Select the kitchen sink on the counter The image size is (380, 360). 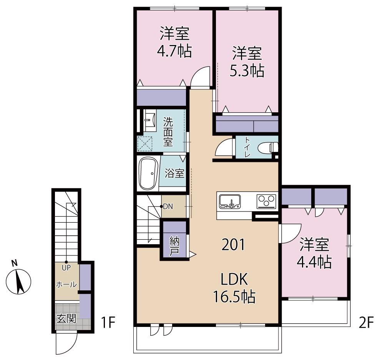click(x=230, y=201)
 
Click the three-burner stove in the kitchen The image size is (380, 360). click(x=266, y=202)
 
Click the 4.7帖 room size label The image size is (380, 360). click(x=174, y=51)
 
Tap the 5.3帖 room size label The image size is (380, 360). click(x=247, y=71)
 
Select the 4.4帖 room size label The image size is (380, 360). click(x=314, y=262)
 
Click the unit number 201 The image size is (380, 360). click(x=234, y=245)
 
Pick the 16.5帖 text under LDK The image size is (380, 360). click(x=234, y=297)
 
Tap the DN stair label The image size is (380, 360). click(x=168, y=207)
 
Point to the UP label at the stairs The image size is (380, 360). click(x=66, y=268)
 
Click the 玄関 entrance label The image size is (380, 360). click(x=66, y=318)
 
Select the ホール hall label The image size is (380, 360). click(x=66, y=284)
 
